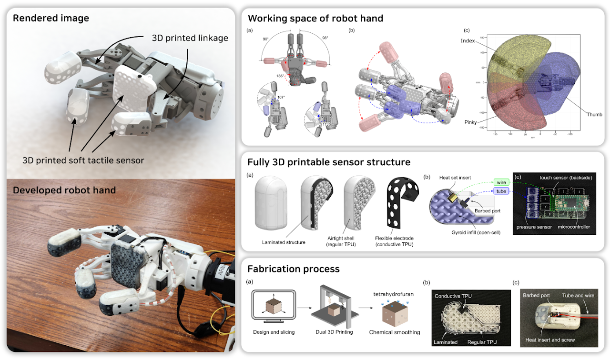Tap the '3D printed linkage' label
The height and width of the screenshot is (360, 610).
pos(190,38)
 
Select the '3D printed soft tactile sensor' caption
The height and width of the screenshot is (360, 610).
pos(83,160)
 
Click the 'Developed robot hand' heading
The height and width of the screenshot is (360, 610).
pos(64,190)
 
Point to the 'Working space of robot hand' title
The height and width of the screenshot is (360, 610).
pos(315,19)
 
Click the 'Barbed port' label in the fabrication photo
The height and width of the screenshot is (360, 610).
pos(537,295)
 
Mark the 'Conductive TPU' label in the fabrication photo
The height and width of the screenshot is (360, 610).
pos(453,296)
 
